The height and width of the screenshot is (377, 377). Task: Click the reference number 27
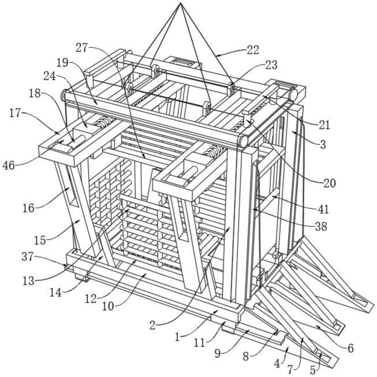(x=82, y=47)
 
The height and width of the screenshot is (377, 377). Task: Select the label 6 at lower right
(x=350, y=348)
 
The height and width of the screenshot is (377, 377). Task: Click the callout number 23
(x=271, y=65)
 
